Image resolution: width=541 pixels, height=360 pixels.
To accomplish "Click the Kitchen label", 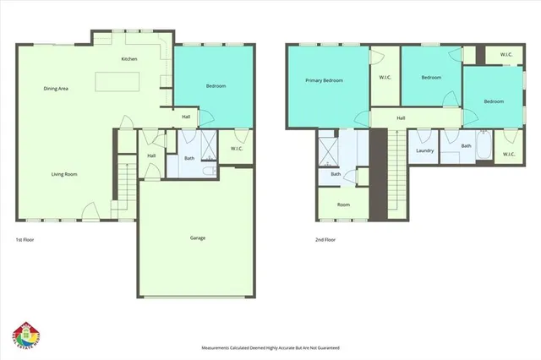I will click(x=129, y=59).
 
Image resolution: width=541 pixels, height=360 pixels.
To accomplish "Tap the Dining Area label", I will click(x=57, y=88).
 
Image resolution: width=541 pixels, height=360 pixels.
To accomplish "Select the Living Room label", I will click(x=64, y=174).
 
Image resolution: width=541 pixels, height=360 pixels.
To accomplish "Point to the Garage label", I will click(x=197, y=237).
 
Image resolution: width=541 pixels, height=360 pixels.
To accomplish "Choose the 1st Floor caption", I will click(x=26, y=240).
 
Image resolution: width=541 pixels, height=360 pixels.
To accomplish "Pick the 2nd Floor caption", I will click(x=325, y=240).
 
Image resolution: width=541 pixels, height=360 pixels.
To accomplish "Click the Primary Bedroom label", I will click(x=325, y=80).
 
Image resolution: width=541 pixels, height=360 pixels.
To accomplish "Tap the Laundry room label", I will click(x=425, y=151).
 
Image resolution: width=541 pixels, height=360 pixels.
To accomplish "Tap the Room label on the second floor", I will click(x=343, y=205).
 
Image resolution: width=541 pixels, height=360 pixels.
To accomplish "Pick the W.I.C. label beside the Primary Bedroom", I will click(x=385, y=78).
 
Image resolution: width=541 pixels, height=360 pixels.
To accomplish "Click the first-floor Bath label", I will click(x=189, y=158).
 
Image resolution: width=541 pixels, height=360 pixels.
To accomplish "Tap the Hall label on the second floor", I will click(x=401, y=118).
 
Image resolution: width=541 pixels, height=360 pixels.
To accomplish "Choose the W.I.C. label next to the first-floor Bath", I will click(x=238, y=150).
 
